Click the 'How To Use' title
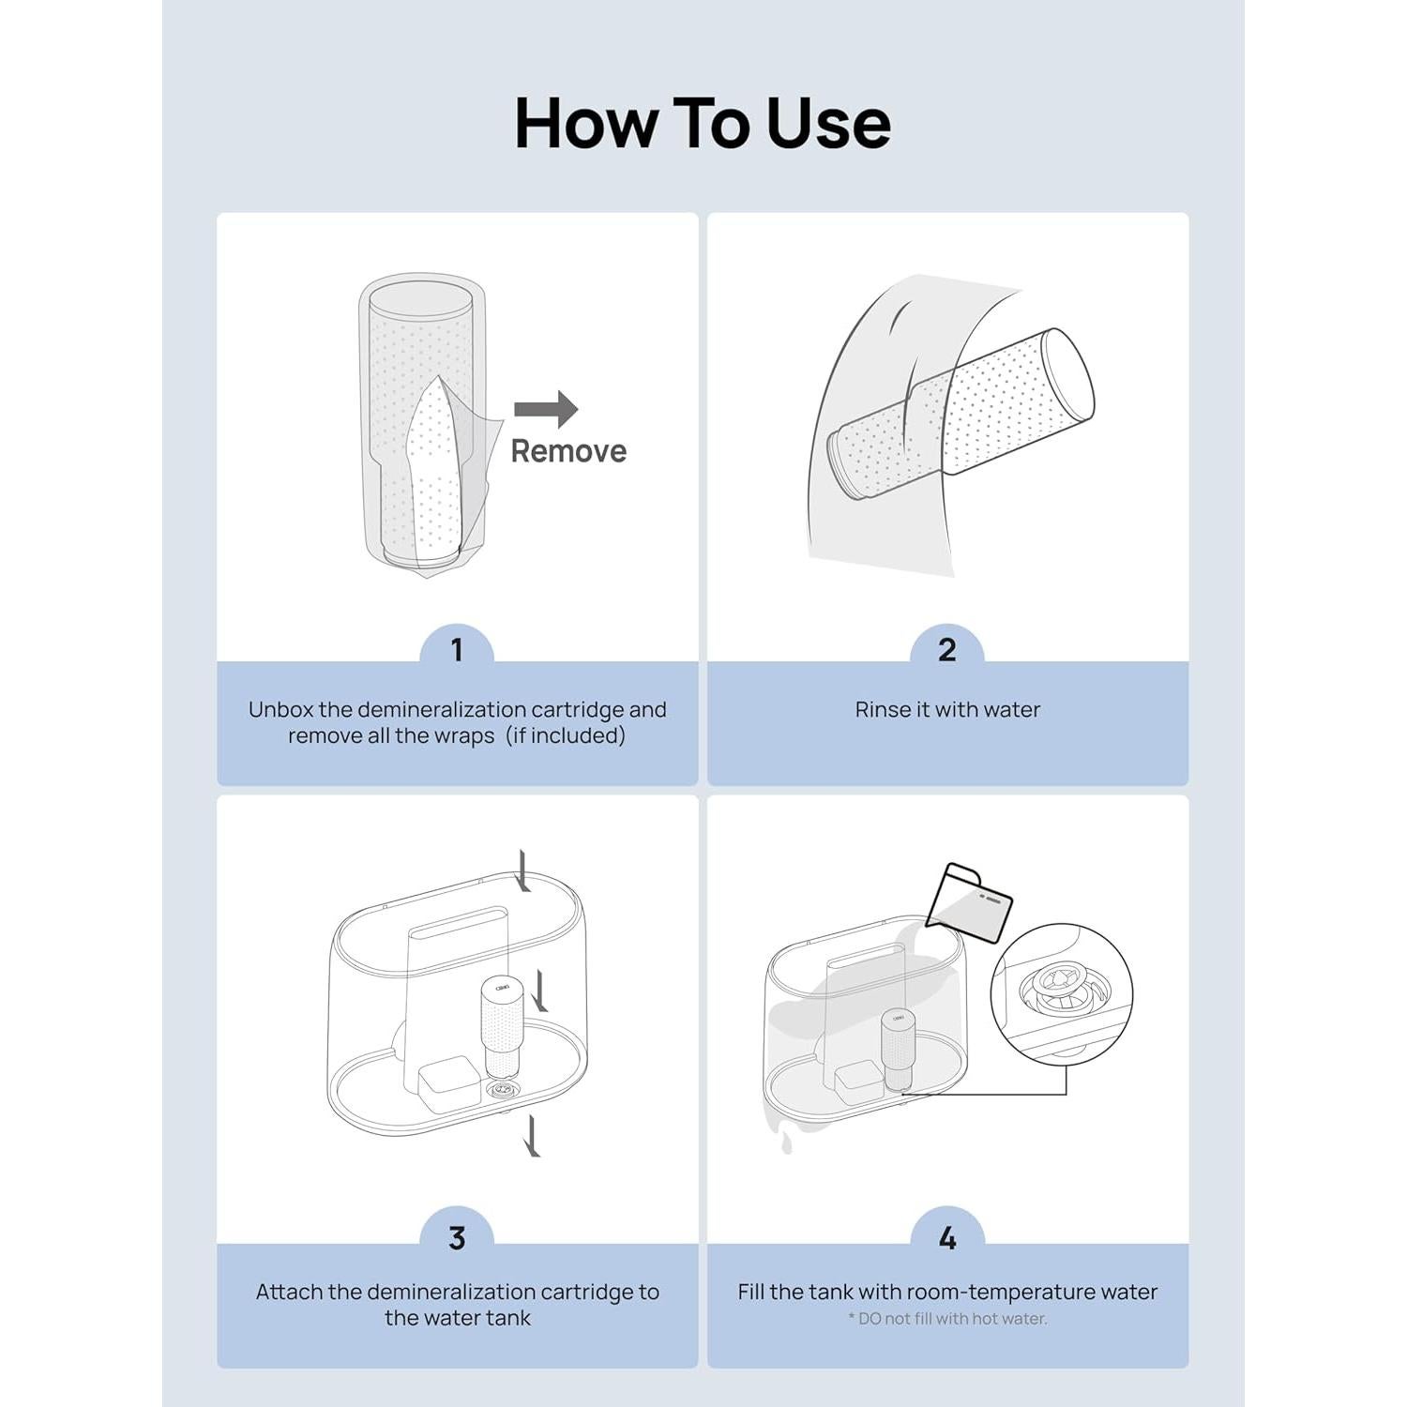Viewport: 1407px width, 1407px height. [x=703, y=123]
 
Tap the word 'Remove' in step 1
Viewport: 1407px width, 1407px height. [x=568, y=451]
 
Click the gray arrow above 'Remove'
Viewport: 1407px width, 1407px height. [x=546, y=409]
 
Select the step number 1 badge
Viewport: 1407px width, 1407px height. [x=457, y=650]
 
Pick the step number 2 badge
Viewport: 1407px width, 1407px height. [x=947, y=650]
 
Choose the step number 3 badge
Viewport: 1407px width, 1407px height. [x=457, y=1237]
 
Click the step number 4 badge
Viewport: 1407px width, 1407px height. [x=947, y=1237]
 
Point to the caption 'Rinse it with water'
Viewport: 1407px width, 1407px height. [x=947, y=710]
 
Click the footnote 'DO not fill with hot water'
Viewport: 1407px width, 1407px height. [x=947, y=1319]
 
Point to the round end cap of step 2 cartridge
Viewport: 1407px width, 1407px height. [x=1069, y=376]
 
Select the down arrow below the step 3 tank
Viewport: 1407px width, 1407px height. [x=533, y=1135]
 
